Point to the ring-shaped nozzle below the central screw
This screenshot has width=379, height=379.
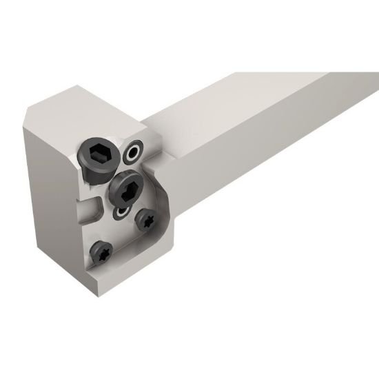click(x=123, y=212)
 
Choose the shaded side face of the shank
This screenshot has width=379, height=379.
click(x=276, y=172)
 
